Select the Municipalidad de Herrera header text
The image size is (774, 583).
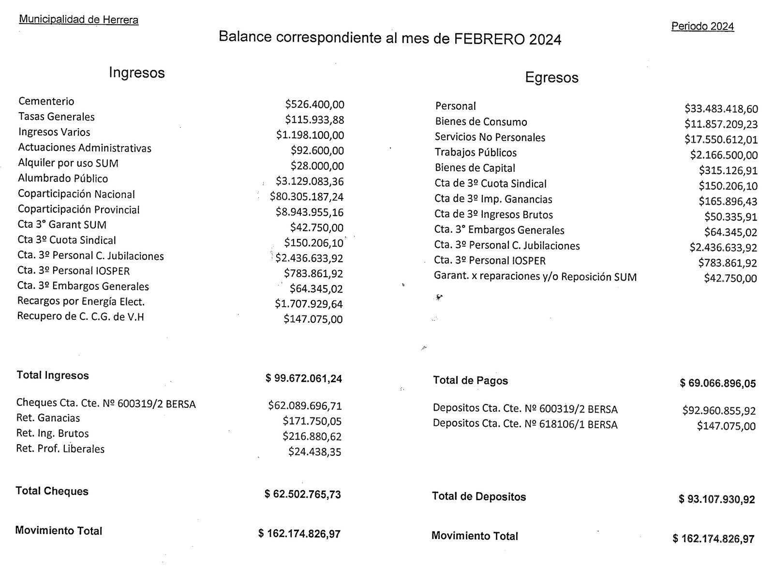tap(79, 20)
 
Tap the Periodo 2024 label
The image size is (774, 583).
tap(702, 26)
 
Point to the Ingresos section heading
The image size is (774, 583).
tap(137, 73)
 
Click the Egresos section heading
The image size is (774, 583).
tap(551, 77)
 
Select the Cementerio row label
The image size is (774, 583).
tap(46, 101)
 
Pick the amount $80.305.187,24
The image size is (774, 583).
tap(307, 197)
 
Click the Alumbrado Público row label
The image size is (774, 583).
tap(63, 179)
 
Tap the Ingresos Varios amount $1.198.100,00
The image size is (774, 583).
tap(310, 135)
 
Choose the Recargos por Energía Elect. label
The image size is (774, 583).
tap(81, 301)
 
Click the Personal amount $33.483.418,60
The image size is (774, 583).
tap(721, 109)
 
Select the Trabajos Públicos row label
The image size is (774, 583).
tap(476, 152)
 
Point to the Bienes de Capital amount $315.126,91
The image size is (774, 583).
tap(728, 170)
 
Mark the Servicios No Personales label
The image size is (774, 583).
tap(490, 137)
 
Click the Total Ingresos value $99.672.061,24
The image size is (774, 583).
tap(304, 378)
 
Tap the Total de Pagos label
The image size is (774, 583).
tap(470, 381)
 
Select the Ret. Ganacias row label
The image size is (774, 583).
tap(48, 418)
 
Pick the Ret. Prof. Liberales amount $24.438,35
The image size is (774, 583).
tap(315, 452)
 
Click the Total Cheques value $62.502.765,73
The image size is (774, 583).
tap(303, 494)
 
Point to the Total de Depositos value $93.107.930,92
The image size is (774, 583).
tap(717, 499)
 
